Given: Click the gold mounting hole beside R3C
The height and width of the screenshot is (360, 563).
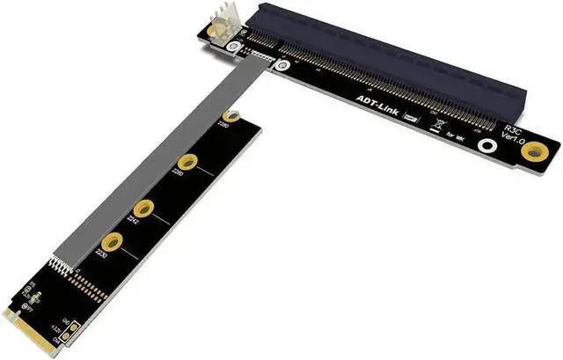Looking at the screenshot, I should point(532,152).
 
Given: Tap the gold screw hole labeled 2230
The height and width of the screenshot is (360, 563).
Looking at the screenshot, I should point(112,242).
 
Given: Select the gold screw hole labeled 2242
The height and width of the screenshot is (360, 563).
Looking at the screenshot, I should point(145,209).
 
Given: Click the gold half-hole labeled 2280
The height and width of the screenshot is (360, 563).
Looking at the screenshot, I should point(230,115).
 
